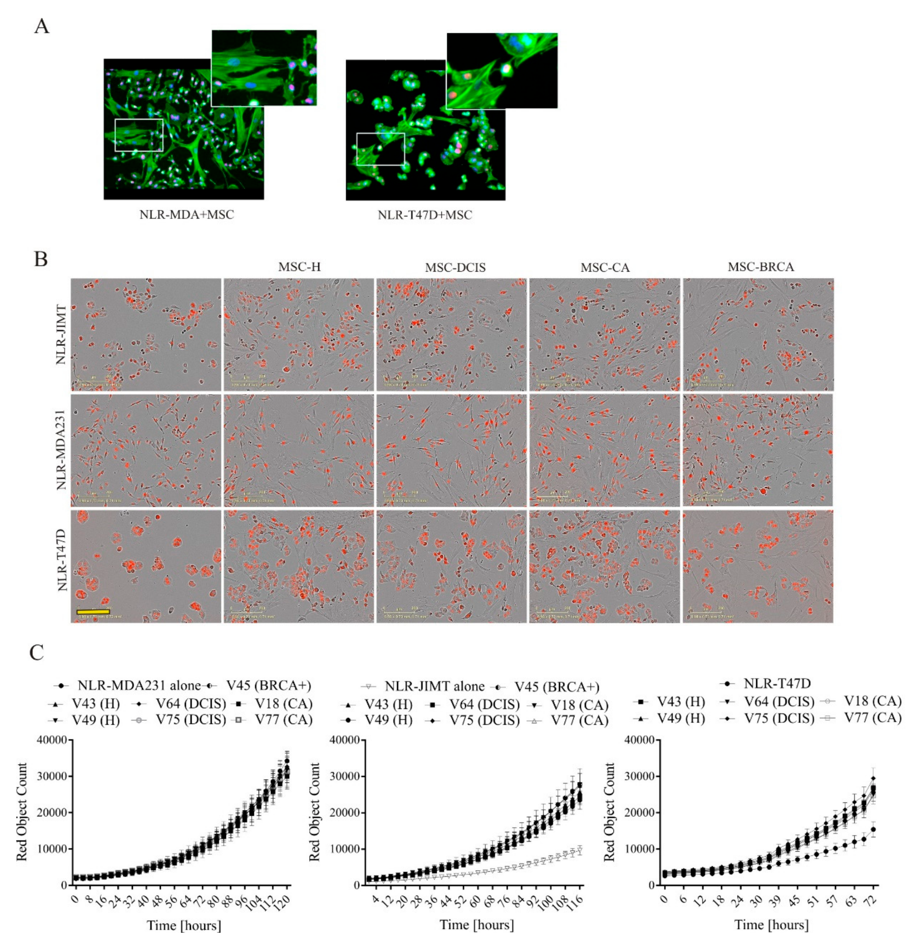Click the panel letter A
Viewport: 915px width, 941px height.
(42, 27)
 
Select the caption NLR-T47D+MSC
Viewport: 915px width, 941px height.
(425, 215)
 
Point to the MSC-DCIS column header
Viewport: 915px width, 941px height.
(455, 267)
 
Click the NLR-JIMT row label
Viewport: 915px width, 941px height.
(61, 335)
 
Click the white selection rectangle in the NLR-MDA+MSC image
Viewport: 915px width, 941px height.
(139, 135)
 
